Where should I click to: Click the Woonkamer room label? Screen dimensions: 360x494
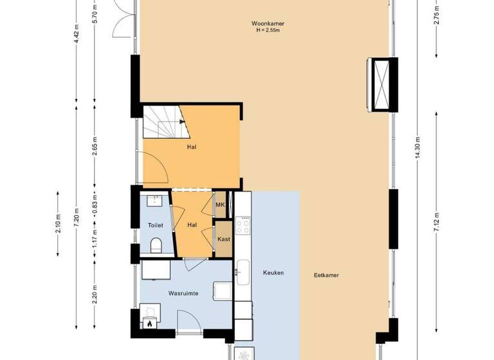268,24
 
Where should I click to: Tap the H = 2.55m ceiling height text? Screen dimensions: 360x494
268,30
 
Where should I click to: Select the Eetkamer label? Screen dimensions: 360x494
326,275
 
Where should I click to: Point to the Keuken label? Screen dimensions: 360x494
273,273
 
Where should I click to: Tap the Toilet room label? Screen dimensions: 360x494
155,226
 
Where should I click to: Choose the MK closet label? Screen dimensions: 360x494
220,205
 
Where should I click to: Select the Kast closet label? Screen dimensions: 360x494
223,239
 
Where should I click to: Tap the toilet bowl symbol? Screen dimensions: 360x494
155,245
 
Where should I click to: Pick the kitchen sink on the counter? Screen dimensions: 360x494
242,271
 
